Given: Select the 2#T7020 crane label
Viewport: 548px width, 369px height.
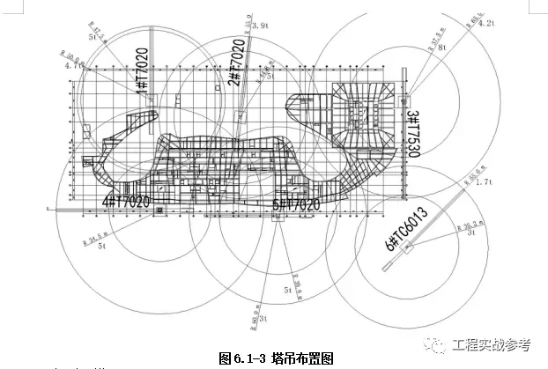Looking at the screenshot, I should click(236, 68).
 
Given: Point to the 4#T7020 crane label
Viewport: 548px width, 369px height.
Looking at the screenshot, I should click(125, 201).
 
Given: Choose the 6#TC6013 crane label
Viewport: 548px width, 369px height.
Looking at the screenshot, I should click(405, 227).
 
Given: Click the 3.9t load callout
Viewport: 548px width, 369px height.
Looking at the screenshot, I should click(259, 26).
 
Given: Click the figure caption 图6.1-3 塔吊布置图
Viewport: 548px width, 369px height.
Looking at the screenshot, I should click(276, 358).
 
